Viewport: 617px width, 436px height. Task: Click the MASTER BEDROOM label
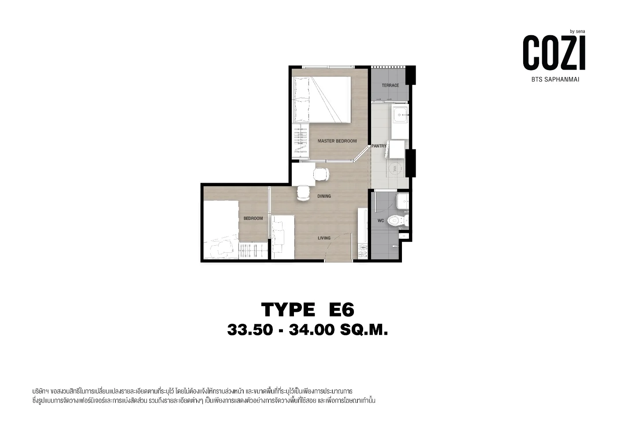pyautogui.click(x=337, y=141)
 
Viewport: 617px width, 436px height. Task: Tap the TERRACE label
pyautogui.click(x=390, y=85)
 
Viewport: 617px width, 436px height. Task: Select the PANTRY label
pyautogui.click(x=379, y=146)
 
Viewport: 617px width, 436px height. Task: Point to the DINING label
pyautogui.click(x=324, y=196)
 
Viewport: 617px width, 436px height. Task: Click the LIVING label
pyautogui.click(x=324, y=238)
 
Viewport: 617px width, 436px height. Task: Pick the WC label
pyautogui.click(x=381, y=221)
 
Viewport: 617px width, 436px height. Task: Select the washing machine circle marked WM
pyautogui.click(x=396, y=168)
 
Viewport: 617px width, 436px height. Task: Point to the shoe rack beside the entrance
pyautogui.click(x=363, y=251)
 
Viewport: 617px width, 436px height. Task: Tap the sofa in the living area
pyautogui.click(x=282, y=237)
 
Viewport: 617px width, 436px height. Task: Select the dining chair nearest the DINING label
pyautogui.click(x=303, y=193)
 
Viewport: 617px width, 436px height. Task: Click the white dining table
pyautogui.click(x=304, y=174)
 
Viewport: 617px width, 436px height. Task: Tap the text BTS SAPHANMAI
pyautogui.click(x=555, y=80)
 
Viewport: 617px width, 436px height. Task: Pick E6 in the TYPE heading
pyautogui.click(x=342, y=310)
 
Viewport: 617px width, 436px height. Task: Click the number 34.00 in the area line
pyautogui.click(x=312, y=329)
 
